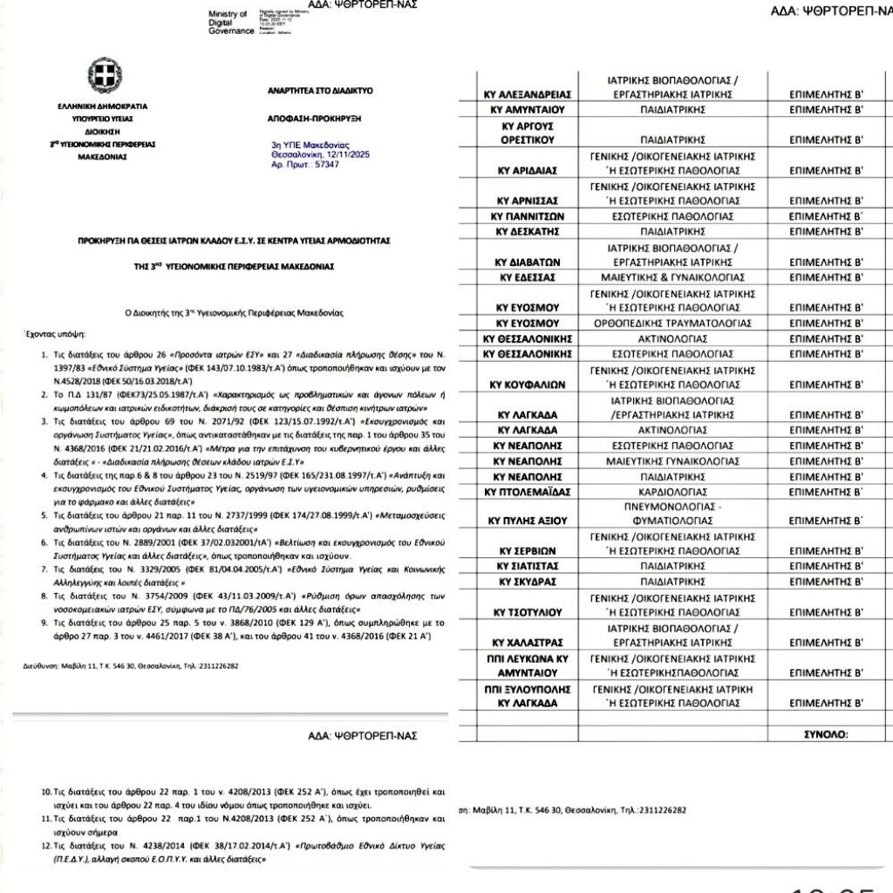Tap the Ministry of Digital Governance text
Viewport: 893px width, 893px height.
[x=228, y=23]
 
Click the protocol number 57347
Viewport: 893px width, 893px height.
[x=324, y=164]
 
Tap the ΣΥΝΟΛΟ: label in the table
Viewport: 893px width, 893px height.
[x=824, y=734]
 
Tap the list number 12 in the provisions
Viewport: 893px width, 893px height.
[x=47, y=846]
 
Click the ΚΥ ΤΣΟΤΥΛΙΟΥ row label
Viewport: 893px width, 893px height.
[x=527, y=611]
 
